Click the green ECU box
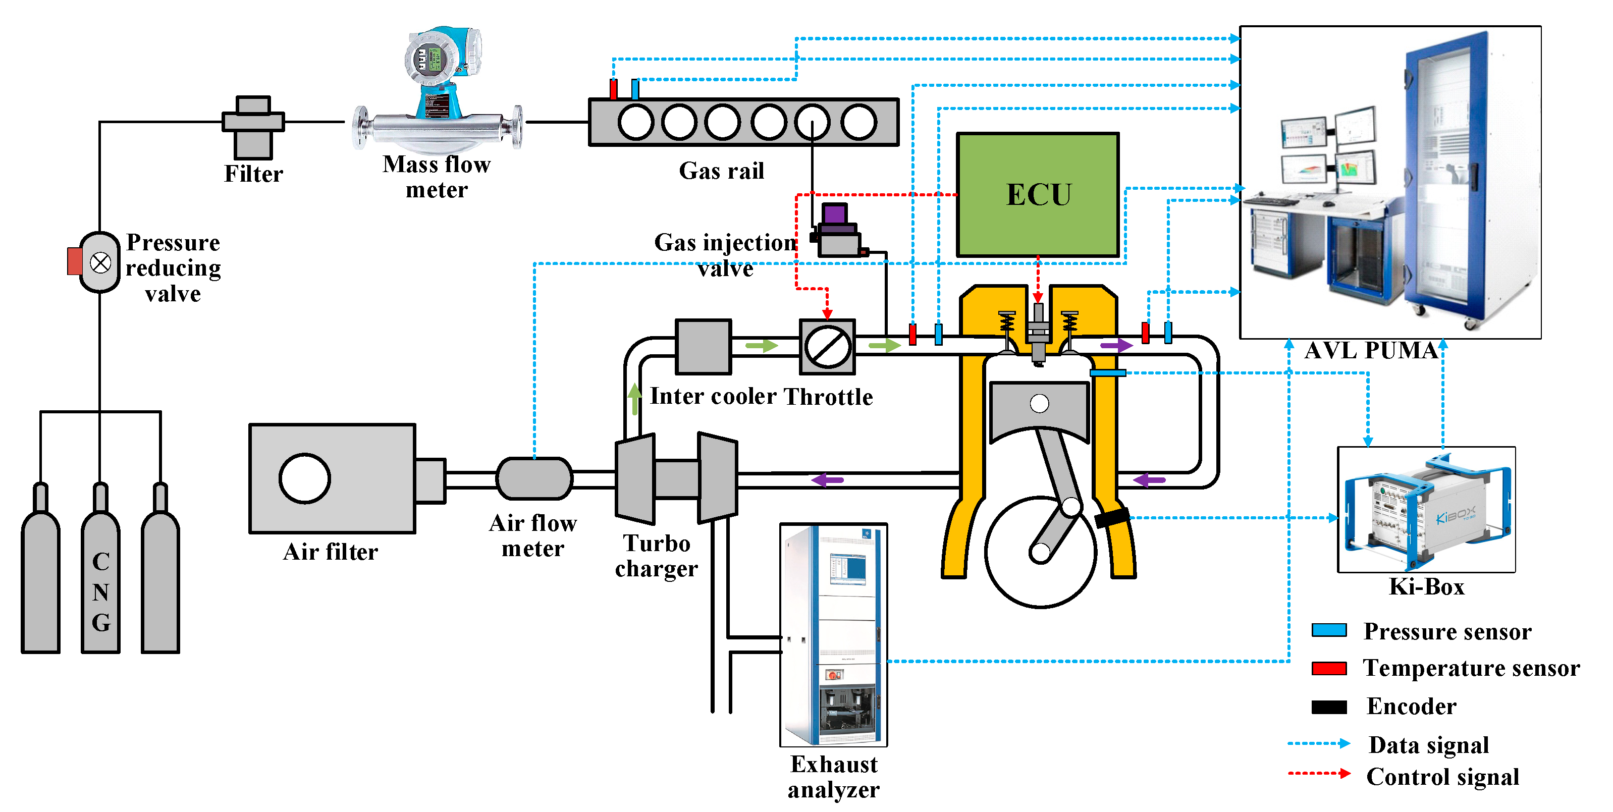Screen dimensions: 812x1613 point(1038,195)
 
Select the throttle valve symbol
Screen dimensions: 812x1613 point(828,347)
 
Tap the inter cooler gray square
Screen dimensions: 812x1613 point(703,346)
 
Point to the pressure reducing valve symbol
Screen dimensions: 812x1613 point(100,262)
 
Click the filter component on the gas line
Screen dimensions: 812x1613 point(253,127)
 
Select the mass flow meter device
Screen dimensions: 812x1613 point(438,94)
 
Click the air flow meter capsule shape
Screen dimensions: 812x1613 point(534,479)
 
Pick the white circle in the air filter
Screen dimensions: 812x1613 point(304,479)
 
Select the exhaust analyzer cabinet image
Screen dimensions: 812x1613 point(833,634)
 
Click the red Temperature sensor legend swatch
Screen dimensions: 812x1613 point(1329,668)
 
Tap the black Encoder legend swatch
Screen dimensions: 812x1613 point(1329,707)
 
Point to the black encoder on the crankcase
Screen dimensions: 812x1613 point(1111,517)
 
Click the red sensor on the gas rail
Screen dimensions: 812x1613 point(614,89)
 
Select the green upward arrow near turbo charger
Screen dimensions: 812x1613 point(635,398)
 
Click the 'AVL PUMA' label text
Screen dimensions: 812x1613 point(1371,351)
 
